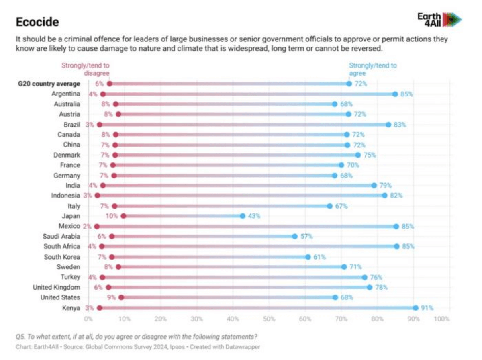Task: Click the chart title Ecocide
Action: pyautogui.click(x=37, y=22)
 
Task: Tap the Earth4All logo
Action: pyautogui.click(x=439, y=19)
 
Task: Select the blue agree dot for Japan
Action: pyautogui.click(x=243, y=216)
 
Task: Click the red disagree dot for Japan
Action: pyautogui.click(x=123, y=216)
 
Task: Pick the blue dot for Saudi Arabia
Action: pyautogui.click(x=295, y=237)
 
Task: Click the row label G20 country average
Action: pyautogui.click(x=48, y=84)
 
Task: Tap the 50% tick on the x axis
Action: pyautogui.click(x=269, y=319)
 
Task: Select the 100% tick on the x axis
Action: pyautogui.click(x=442, y=319)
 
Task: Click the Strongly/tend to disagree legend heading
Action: pyautogui.click(x=85, y=69)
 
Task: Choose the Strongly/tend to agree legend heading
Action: pyautogui.click(x=373, y=69)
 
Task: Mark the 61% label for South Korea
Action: pyautogui.click(x=320, y=257)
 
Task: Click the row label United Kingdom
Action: pyautogui.click(x=57, y=287)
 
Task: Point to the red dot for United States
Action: pyautogui.click(x=121, y=297)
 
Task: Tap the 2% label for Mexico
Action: pyautogui.click(x=87, y=226)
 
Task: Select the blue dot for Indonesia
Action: pyautogui.click(x=384, y=196)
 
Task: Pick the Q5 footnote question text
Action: pyautogui.click(x=137, y=336)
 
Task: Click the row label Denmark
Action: pyautogui.click(x=67, y=155)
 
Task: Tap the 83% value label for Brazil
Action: pyautogui.click(x=400, y=125)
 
